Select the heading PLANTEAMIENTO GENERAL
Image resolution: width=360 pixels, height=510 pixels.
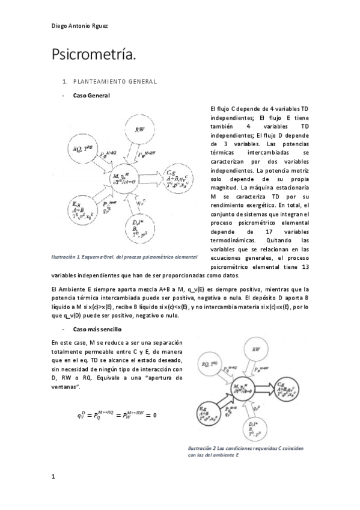[114, 81]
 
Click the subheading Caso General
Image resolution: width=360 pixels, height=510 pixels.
[91, 95]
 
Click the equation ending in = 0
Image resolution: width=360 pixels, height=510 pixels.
[116, 414]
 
